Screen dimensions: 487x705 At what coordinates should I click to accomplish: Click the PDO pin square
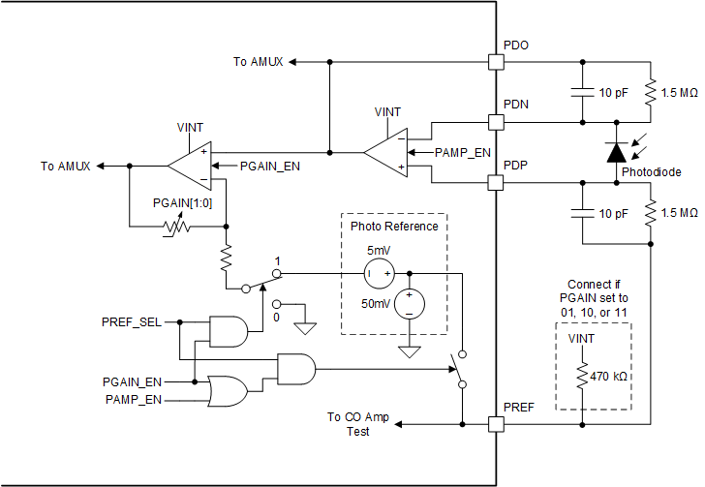pyautogui.click(x=496, y=62)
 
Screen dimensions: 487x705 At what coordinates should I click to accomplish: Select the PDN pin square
pyautogui.click(x=496, y=123)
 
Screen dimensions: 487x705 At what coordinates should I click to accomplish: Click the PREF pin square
pyautogui.click(x=496, y=424)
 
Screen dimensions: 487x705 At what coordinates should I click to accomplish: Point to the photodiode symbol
pyautogui.click(x=616, y=152)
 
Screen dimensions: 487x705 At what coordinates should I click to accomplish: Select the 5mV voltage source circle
pyautogui.click(x=378, y=274)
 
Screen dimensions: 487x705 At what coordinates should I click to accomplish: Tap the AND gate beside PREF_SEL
pyautogui.click(x=230, y=331)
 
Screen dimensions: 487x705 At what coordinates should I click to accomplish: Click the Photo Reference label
pyautogui.click(x=394, y=227)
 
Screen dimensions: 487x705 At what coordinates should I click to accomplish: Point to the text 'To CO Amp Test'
pyautogui.click(x=358, y=424)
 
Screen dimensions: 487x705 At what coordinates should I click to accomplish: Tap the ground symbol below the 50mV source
pyautogui.click(x=410, y=351)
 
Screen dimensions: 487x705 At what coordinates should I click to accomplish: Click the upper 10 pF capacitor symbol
pyautogui.click(x=582, y=92)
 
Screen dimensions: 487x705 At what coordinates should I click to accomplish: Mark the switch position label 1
pyautogui.click(x=278, y=261)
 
